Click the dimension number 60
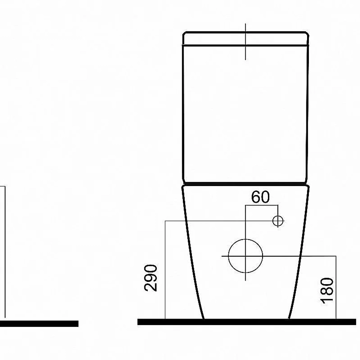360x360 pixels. point(260,197)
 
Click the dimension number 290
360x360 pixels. point(151,278)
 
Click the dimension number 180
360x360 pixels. point(327,291)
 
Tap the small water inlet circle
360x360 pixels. point(278,221)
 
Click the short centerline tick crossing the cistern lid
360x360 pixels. point(246,41)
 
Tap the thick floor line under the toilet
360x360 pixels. point(247,322)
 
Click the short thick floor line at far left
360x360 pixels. point(39,324)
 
